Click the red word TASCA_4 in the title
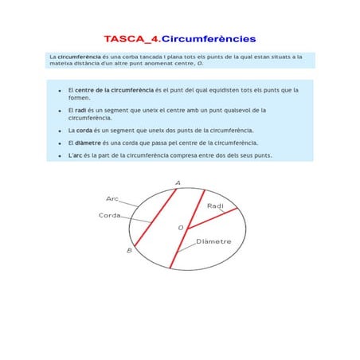coord(131,37)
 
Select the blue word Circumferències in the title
coord(209,37)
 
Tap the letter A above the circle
coord(177,182)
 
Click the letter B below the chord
coord(130,250)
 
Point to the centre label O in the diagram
coord(180,229)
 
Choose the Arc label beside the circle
coord(112,198)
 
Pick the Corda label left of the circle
coord(110,215)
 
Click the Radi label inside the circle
coord(215,206)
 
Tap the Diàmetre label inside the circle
coord(213,241)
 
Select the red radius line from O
coord(212,218)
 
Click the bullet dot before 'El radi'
coord(60,111)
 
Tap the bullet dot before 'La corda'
coord(60,130)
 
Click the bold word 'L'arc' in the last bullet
coord(76,155)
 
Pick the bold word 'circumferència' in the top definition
coord(80,57)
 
